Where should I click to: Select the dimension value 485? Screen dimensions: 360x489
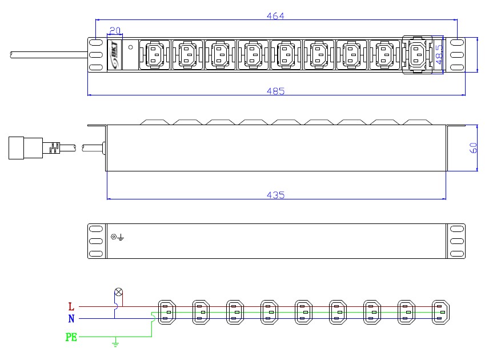pos(276,91)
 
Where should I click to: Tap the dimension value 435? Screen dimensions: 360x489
pos(276,195)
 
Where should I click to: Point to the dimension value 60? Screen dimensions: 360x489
pos(473,147)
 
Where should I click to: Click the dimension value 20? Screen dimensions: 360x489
pos(114,31)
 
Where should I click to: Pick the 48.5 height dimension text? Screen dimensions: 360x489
pos(439,55)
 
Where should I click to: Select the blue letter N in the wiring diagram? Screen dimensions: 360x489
pos(71,319)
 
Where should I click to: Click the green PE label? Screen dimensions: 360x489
pos(71,338)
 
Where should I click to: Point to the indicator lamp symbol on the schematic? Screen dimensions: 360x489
pos(119,292)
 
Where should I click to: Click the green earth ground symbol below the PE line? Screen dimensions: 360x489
pos(115,343)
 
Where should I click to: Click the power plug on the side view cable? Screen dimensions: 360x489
pos(26,147)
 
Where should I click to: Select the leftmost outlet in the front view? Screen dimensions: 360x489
pos(155,55)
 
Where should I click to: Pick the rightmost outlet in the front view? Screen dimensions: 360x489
pos(417,55)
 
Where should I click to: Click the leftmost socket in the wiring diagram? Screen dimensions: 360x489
pos(167,313)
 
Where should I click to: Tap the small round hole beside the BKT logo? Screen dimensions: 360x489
pos(131,47)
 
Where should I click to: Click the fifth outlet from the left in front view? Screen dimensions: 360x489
pos(286,55)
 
